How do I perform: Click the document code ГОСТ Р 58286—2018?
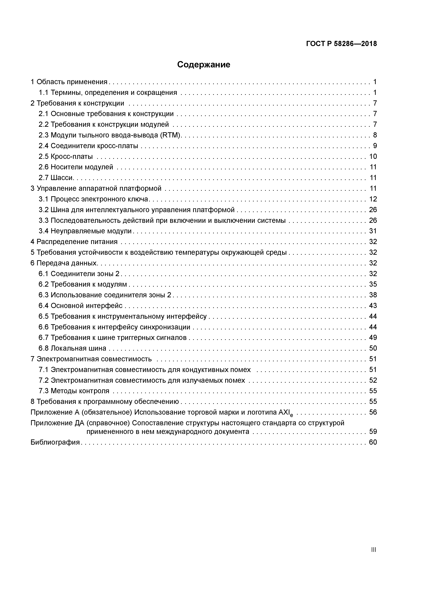[342, 44]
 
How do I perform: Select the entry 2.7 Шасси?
[56, 178]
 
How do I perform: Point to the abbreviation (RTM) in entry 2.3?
[171, 135]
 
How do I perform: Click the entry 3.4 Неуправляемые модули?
[85, 231]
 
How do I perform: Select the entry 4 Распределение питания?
[74, 242]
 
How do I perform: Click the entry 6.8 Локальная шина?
[72, 348]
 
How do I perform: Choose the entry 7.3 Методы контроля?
[74, 391]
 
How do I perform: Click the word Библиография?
[55, 442]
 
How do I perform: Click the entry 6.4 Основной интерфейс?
[80, 306]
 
